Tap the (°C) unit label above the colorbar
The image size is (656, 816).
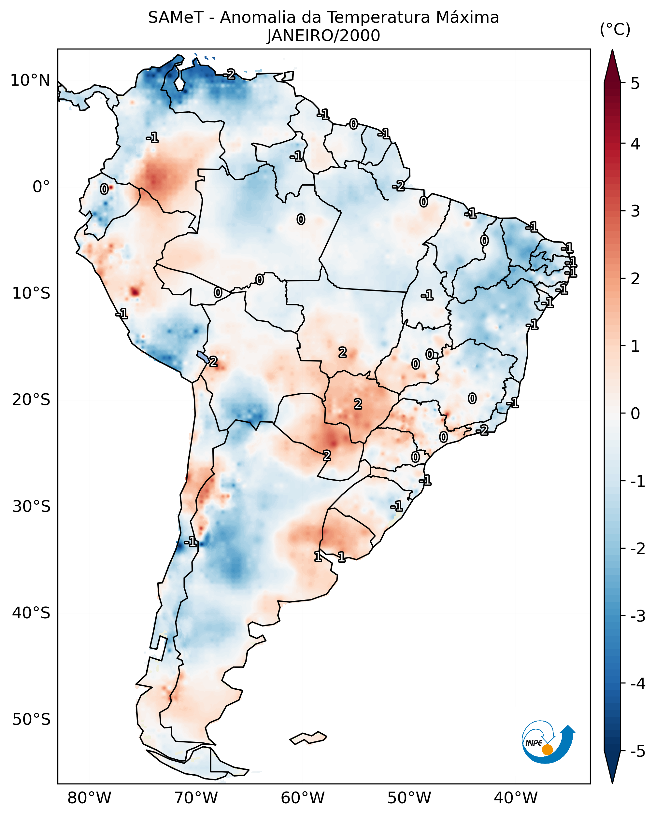coord(615,29)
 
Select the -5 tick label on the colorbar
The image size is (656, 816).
coord(637,751)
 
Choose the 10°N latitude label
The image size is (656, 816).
coord(30,80)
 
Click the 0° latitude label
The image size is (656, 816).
coord(41,187)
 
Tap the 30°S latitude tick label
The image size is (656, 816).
coord(31,506)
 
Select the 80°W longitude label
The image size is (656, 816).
coord(89,798)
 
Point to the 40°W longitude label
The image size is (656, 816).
coord(516,798)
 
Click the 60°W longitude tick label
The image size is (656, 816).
coord(303,798)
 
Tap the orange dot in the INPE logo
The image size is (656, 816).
coord(547,749)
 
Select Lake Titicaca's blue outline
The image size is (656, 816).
coord(203,356)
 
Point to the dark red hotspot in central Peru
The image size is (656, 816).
coord(135,292)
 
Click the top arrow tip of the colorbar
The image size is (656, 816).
coord(612,51)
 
